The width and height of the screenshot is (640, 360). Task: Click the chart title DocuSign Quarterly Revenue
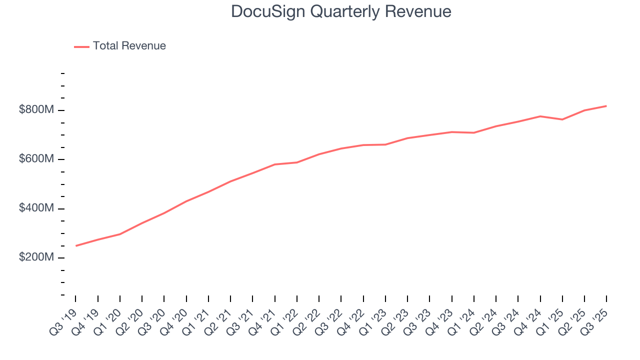pos(341,11)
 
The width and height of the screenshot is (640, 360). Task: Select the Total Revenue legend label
pos(129,46)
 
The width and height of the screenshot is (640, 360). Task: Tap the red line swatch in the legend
pos(81,46)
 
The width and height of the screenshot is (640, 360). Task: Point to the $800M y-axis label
pos(36,110)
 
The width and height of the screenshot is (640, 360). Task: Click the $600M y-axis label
pos(36,159)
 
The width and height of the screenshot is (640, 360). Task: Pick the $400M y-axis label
pos(36,208)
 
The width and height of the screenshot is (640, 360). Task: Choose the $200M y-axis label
pos(36,257)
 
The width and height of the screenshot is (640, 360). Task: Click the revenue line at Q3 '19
pos(76,245)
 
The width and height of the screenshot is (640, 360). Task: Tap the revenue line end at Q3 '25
pos(606,106)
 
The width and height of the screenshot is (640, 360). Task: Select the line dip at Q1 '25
pos(562,119)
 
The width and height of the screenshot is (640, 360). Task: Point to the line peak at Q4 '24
pos(540,116)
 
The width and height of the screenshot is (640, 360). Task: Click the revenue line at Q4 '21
pos(275,164)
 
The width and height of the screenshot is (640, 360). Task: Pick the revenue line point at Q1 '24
pos(473,132)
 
